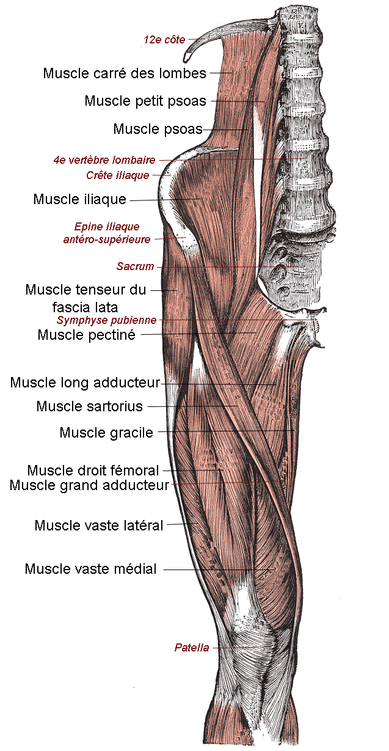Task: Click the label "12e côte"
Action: click(x=164, y=40)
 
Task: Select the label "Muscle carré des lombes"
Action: click(x=125, y=73)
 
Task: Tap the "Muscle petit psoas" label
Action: click(x=145, y=101)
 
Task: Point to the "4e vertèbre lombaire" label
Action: click(x=104, y=160)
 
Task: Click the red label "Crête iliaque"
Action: click(x=118, y=175)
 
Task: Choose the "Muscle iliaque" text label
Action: click(x=80, y=199)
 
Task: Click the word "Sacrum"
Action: click(x=136, y=266)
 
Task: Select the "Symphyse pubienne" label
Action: click(x=106, y=320)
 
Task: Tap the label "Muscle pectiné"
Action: click(x=87, y=335)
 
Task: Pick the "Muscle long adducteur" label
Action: click(x=85, y=383)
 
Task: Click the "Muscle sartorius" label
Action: click(x=89, y=406)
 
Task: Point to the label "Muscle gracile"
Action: click(x=106, y=433)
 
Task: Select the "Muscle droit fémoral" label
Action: click(x=93, y=471)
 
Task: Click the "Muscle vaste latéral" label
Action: click(x=99, y=526)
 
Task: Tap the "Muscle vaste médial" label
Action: click(x=91, y=569)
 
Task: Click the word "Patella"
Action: click(x=192, y=647)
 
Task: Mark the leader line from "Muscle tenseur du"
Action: click(x=164, y=290)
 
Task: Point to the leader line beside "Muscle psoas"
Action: click(x=225, y=130)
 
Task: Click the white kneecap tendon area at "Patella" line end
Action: click(x=256, y=647)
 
